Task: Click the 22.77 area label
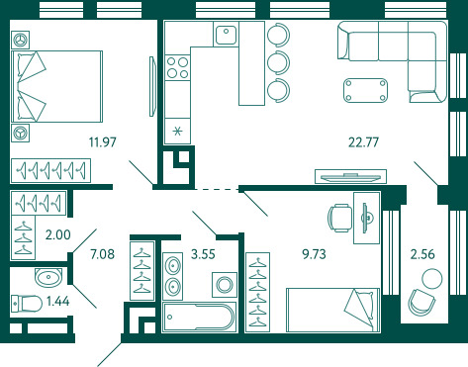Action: (363, 142)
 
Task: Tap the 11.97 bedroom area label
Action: (103, 142)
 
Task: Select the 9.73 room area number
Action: (314, 254)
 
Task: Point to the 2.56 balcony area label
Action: (422, 254)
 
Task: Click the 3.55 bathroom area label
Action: (203, 254)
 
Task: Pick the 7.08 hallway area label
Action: (103, 254)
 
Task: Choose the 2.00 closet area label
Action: (58, 234)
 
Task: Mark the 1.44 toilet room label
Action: (58, 301)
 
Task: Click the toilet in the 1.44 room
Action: (27, 304)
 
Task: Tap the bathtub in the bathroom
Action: (199, 317)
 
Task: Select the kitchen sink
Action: (226, 35)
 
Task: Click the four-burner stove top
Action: (177, 67)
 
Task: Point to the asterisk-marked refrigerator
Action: (177, 131)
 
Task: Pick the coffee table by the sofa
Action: (365, 90)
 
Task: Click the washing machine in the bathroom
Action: (225, 285)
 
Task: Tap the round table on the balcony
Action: (432, 279)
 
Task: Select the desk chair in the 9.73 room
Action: (339, 218)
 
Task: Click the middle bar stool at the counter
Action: (279, 62)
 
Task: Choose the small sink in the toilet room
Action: (48, 278)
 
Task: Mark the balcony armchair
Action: (421, 303)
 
